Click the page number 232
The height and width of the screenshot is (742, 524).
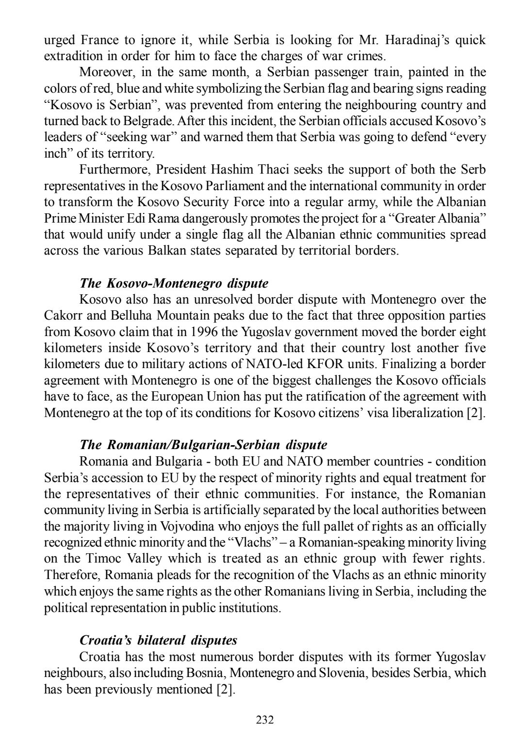pyautogui.click(x=265, y=720)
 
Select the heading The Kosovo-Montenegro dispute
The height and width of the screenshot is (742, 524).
pyautogui.click(x=174, y=283)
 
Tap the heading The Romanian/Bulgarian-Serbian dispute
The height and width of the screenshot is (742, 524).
pyautogui.click(x=203, y=445)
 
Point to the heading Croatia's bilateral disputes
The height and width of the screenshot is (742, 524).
pyautogui.click(x=159, y=640)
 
